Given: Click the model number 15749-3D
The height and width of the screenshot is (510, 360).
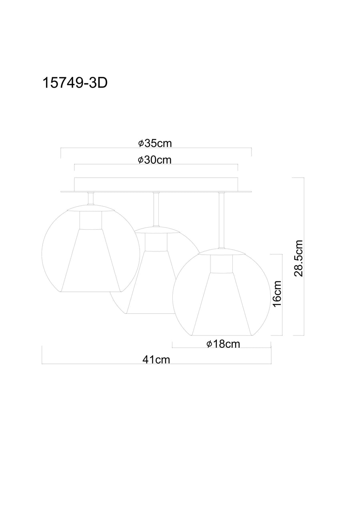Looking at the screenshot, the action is pyautogui.click(x=75, y=84).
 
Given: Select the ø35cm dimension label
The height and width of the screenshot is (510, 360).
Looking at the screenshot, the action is pyautogui.click(x=155, y=143).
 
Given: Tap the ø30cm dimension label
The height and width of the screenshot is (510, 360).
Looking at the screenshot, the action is pyautogui.click(x=155, y=160).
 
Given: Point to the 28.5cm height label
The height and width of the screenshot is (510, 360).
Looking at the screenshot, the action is pyautogui.click(x=298, y=258).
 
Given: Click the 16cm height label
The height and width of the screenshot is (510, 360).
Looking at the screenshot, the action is pyautogui.click(x=277, y=294).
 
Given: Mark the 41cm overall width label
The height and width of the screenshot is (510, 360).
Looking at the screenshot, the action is pyautogui.click(x=156, y=360).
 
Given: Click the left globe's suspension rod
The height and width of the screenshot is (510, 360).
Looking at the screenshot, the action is pyautogui.click(x=91, y=199).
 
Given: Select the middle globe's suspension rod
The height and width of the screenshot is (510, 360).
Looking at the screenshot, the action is pyautogui.click(x=156, y=209).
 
